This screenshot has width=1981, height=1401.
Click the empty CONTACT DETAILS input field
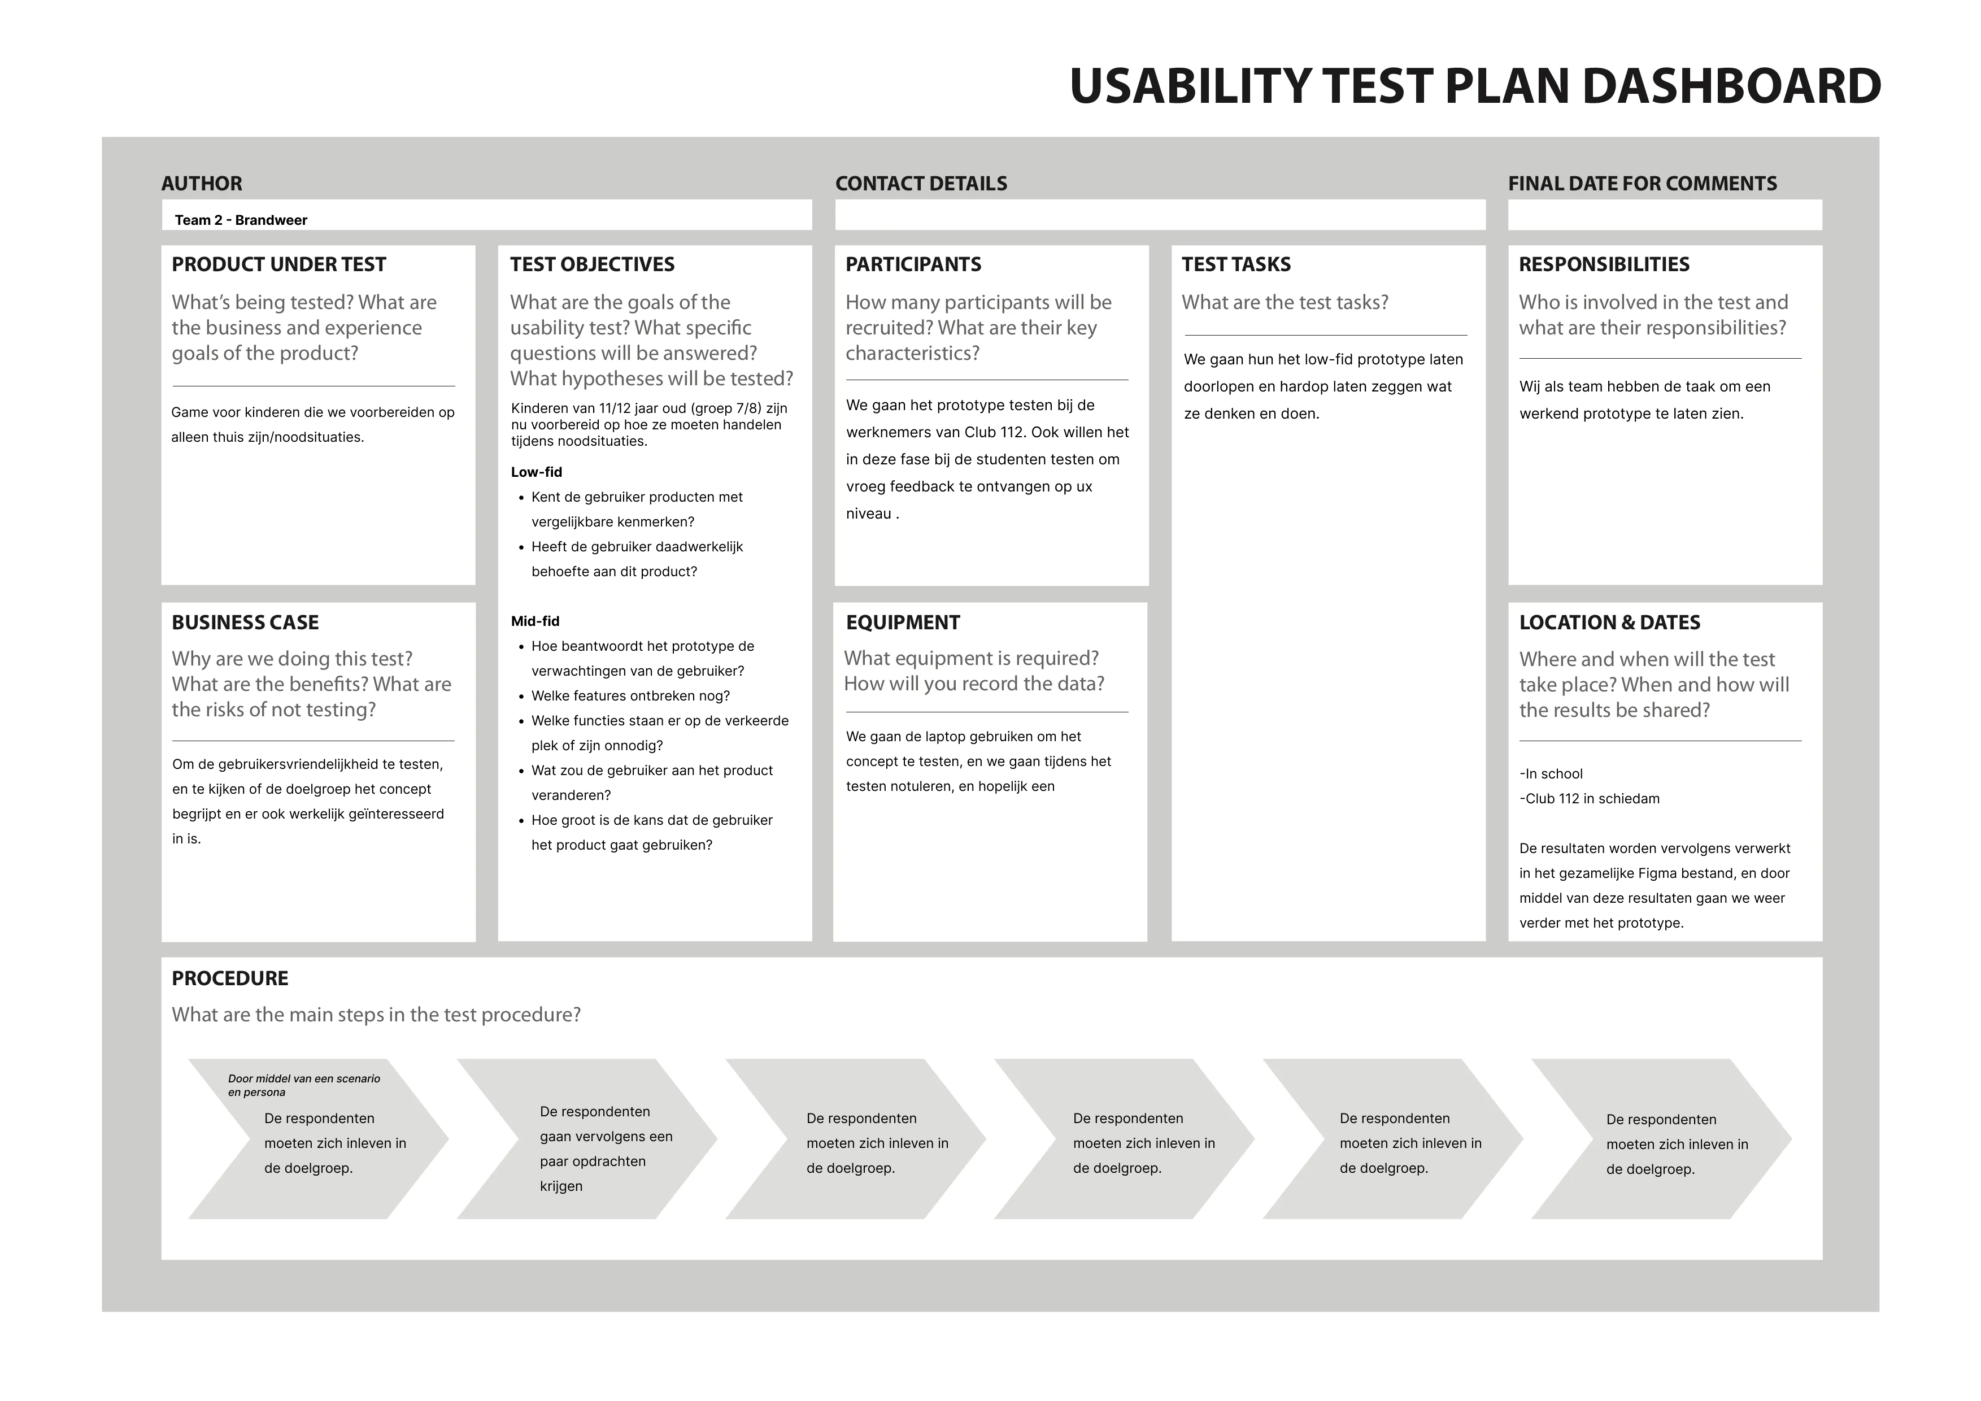click(x=1160, y=215)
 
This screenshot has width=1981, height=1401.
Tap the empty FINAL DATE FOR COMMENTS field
click(x=1664, y=215)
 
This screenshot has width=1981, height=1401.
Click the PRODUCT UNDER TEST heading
click(x=278, y=265)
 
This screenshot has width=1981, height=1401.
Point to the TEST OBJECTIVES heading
click(x=592, y=265)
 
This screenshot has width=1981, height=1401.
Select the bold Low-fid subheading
click(x=536, y=472)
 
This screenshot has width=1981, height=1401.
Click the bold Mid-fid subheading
click(x=535, y=621)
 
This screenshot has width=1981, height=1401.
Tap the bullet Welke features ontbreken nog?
click(x=630, y=696)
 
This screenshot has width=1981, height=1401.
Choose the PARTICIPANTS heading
click(x=913, y=265)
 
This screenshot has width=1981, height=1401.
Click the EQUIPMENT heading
click(x=903, y=623)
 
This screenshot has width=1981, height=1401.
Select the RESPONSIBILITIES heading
click(x=1604, y=265)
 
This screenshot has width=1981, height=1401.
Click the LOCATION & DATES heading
click(x=1609, y=623)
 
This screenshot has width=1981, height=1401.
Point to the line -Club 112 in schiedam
click(x=1590, y=799)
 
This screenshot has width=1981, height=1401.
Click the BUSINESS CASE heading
click(x=245, y=623)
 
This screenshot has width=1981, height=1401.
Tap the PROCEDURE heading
click(x=229, y=978)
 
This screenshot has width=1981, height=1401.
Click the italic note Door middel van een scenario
click(x=304, y=1079)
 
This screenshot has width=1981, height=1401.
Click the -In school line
click(x=1551, y=774)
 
